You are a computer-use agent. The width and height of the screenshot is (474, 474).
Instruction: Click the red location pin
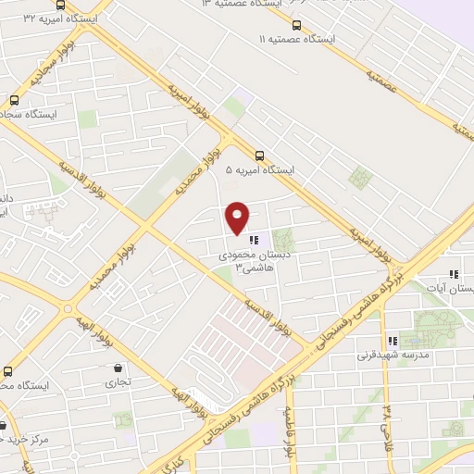click(x=238, y=217)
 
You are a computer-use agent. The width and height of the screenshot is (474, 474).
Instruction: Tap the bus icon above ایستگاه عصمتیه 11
click(x=296, y=25)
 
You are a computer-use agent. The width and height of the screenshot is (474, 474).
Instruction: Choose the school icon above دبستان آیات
click(x=453, y=274)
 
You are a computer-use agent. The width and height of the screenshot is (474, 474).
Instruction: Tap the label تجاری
click(x=117, y=381)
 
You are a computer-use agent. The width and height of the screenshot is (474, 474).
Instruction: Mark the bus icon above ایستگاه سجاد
click(x=14, y=100)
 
